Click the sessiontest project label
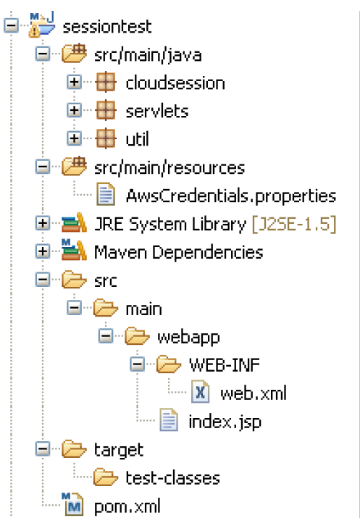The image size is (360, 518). click(x=107, y=27)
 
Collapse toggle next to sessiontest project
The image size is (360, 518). click(x=12, y=26)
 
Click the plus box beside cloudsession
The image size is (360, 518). click(x=75, y=83)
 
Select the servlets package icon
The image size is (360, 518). click(x=106, y=110)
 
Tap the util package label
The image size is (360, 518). click(x=137, y=139)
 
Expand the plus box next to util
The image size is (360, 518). click(x=75, y=138)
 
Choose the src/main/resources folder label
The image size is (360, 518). click(x=169, y=168)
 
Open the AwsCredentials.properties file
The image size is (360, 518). click(x=231, y=196)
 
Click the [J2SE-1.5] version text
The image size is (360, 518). click(x=294, y=225)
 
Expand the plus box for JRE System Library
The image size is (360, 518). click(x=43, y=224)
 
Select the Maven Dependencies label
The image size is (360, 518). click(x=179, y=252)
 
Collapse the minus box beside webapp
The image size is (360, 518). click(x=106, y=336)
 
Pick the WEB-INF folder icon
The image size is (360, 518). click(x=169, y=364)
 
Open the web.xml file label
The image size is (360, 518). click(x=254, y=393)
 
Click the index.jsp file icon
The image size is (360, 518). click(x=169, y=420)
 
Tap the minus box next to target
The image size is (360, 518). click(x=43, y=449)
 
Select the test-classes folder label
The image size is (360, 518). click(x=172, y=478)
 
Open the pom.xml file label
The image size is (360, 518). click(x=127, y=506)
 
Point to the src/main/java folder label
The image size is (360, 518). click(x=148, y=55)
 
